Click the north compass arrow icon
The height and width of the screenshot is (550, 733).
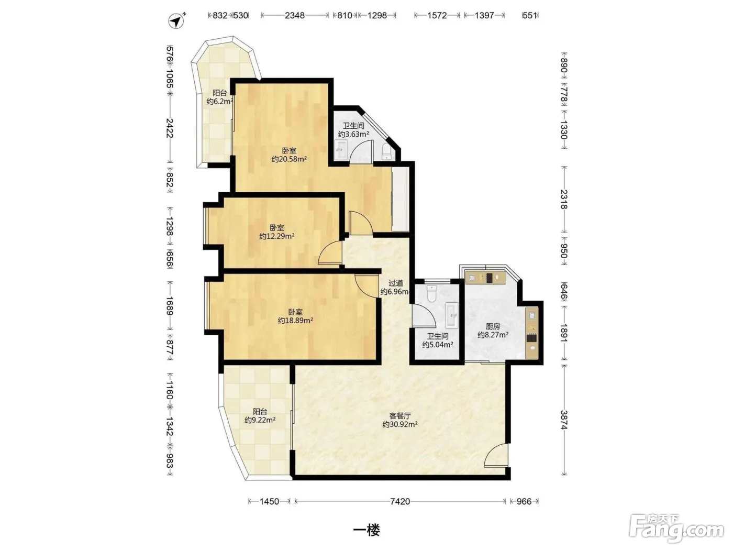[x=176, y=21]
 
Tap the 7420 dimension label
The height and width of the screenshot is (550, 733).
[x=399, y=501]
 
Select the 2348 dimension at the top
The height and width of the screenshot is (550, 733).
[x=295, y=15]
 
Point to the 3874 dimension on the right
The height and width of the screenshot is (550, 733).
[x=564, y=420]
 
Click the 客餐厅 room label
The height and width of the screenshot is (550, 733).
[x=399, y=416]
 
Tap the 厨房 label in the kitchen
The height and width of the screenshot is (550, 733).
[x=493, y=326]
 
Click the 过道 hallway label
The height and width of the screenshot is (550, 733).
[x=396, y=283]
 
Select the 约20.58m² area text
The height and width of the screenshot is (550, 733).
[x=289, y=159]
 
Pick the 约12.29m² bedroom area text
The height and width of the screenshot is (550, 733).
[x=277, y=236]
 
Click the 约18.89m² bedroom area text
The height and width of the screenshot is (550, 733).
[x=295, y=320]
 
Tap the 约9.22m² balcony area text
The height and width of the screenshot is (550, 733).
[x=260, y=420]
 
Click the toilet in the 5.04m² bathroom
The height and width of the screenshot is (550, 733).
[x=432, y=293]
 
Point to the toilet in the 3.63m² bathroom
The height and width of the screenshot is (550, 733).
[x=386, y=152]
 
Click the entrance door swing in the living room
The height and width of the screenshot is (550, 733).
[x=496, y=455]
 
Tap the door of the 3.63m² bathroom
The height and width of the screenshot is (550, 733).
[x=362, y=152]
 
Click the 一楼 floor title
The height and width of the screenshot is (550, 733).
[x=366, y=530]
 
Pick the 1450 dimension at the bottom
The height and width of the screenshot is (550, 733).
[x=269, y=501]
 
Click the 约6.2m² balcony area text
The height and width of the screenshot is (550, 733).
[x=219, y=101]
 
